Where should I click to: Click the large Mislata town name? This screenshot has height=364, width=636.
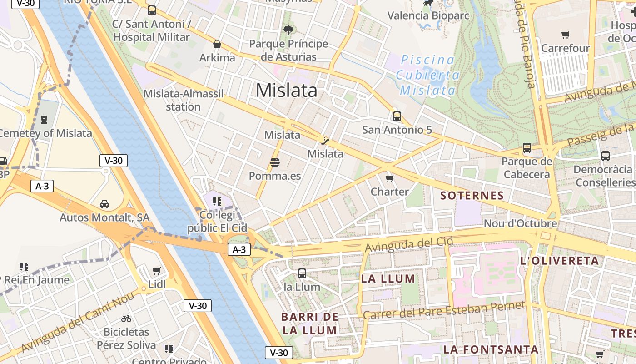pos(286,91)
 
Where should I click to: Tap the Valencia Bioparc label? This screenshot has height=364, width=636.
pos(428,15)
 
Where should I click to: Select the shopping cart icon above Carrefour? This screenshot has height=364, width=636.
pos(566,35)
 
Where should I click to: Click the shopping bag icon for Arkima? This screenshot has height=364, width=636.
pos(217,45)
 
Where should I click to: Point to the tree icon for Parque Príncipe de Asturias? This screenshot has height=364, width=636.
pos(288,30)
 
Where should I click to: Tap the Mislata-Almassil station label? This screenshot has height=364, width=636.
pos(183,100)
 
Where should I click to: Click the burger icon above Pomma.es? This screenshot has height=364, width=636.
pos(274,162)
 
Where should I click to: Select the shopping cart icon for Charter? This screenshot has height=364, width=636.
pos(389,178)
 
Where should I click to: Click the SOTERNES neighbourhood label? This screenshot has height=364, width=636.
pos(472,196)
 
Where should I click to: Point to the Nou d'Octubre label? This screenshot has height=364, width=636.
pos(520,223)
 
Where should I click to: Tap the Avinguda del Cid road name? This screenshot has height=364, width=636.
pos(409,245)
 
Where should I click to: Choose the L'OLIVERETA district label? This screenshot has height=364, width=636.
pos(559,261)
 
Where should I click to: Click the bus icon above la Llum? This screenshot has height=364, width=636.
pos(302,273)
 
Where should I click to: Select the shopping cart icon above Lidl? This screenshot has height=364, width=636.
pos(157,271)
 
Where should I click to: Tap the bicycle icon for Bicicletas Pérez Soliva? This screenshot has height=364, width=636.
pos(126,318)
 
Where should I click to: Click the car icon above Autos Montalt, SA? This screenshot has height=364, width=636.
pos(104,204)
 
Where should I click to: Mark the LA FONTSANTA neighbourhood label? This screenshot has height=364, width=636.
pos(491,349)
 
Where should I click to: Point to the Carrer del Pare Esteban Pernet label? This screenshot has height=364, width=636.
pos(444,310)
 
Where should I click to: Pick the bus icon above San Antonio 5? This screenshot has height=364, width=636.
pos(397,116)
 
